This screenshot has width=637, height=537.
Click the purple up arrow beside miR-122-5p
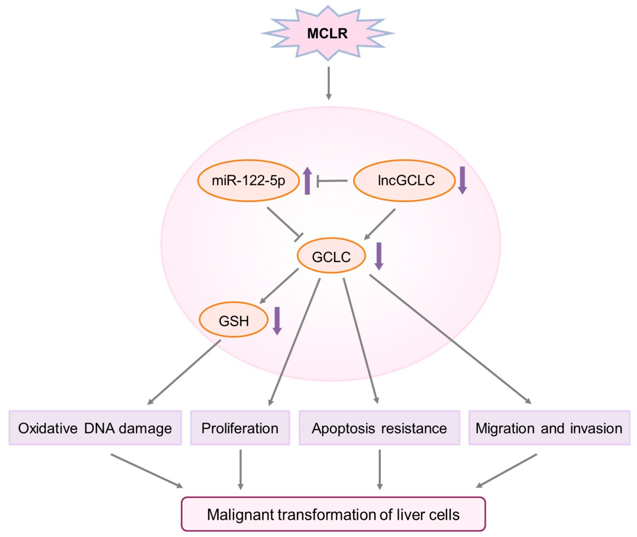307,181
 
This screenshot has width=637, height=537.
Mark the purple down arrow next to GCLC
379,256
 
